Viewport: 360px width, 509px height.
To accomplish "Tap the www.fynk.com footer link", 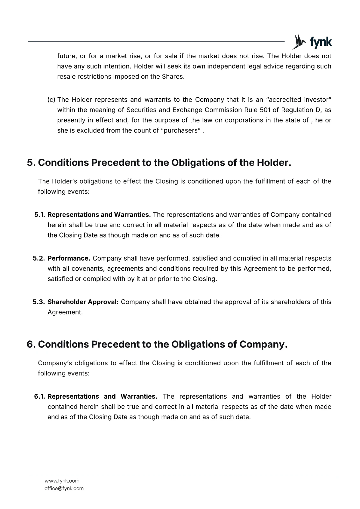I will pos(62,481).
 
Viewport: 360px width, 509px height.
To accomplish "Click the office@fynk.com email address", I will pos(64,488).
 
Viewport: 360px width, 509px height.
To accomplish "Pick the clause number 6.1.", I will pos(40,396).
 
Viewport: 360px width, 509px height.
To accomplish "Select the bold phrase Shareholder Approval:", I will pos(83,302).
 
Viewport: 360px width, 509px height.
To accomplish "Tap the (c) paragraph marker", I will pos(51,100).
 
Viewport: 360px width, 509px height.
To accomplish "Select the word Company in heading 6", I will pos(263,344).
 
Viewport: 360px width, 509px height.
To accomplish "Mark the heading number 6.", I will pos(31,344).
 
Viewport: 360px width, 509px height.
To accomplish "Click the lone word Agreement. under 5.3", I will pos(65,312).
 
